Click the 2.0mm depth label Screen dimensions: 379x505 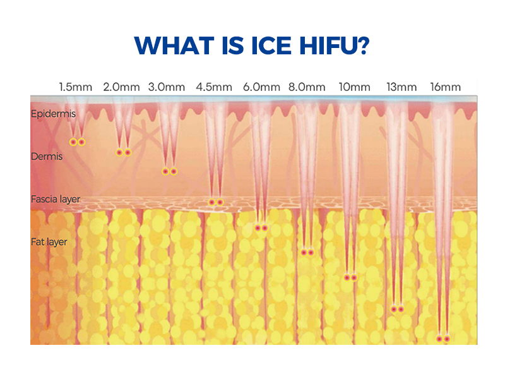121,87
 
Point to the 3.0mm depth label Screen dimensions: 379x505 167,87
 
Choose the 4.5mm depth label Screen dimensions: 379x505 214,87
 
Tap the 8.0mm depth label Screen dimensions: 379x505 307,87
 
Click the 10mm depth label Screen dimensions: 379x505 350,87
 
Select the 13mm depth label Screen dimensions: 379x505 398,87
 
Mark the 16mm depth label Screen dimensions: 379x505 445,87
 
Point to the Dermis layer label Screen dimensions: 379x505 47,156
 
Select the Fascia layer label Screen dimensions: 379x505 56,200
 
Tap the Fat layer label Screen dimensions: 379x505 49,241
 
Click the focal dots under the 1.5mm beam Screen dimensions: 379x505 77,142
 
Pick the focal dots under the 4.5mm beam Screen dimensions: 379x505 216,202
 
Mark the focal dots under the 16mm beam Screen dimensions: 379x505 443,339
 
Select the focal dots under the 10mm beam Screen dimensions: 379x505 350,277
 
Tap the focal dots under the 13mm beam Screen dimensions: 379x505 397,309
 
